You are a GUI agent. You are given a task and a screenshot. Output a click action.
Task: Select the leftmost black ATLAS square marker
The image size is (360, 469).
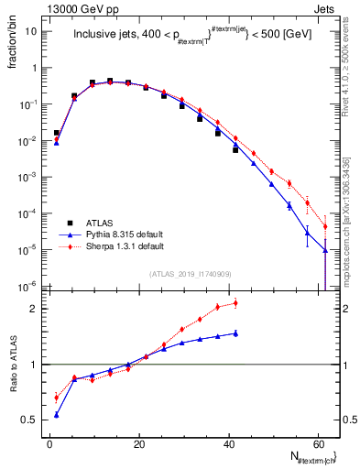click(57, 133)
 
